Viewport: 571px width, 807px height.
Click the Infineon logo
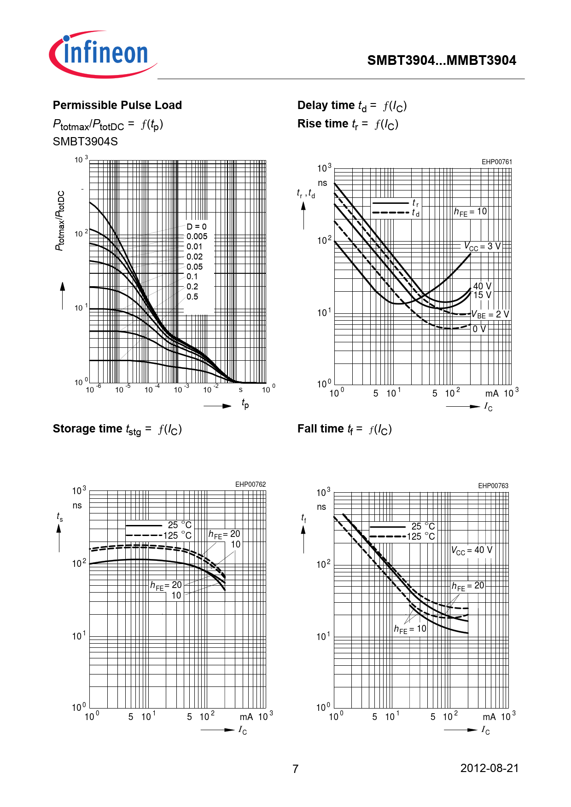pos(103,54)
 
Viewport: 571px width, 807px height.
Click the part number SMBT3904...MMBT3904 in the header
pos(441,60)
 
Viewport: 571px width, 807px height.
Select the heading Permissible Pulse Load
pos(117,105)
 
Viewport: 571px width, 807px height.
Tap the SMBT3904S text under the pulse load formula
pos(85,141)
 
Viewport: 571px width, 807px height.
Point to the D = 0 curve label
pos(197,226)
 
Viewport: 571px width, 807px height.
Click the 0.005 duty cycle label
pos(197,236)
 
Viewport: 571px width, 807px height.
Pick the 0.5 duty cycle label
pos(192,297)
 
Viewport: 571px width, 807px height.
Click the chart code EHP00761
pos(496,162)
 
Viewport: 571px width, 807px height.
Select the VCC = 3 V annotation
pos(482,247)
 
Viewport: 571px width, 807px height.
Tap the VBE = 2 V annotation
pos(490,315)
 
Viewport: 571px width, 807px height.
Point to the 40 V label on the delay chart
pos(482,286)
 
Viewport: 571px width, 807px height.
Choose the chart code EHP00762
pos(251,484)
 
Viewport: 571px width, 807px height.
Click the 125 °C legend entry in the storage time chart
pos(177,536)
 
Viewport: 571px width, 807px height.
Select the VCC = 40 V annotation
pos(472,550)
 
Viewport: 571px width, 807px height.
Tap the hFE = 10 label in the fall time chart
pos(410,629)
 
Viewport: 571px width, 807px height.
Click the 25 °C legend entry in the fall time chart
pos(423,526)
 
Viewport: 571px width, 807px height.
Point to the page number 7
pos(295,769)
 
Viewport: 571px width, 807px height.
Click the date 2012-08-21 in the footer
pos(489,768)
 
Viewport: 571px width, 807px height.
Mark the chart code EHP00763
pos(493,486)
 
